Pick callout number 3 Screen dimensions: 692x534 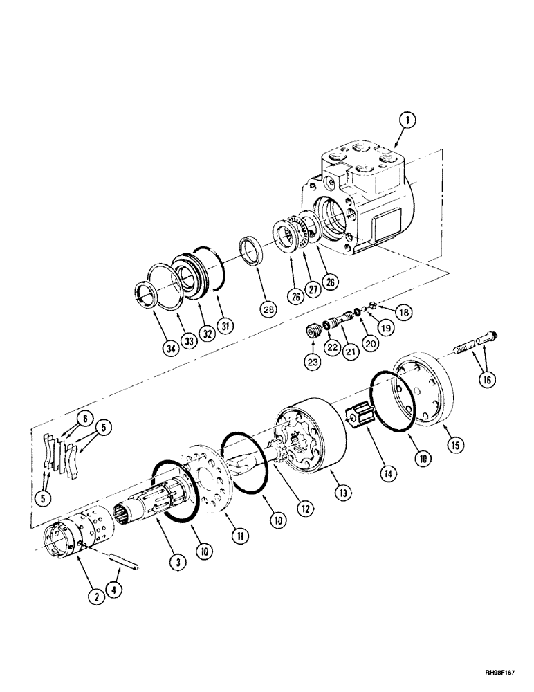tap(178, 565)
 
